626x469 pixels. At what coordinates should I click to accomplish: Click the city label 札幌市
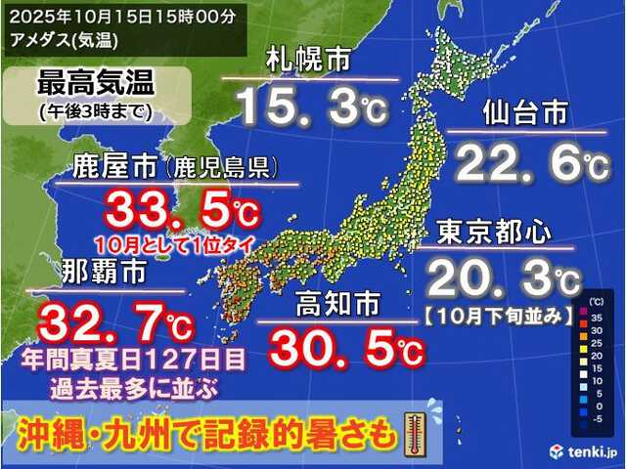[309, 61]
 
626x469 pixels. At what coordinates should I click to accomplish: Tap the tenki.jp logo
[581, 450]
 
